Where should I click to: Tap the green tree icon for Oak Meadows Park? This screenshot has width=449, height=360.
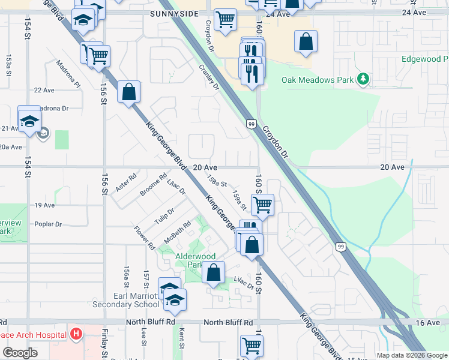coord(363,79)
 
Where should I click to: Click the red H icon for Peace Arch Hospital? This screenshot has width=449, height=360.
coord(76,333)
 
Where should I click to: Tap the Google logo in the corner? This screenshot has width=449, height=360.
coord(20,352)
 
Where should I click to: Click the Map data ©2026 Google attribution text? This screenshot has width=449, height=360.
coord(412,355)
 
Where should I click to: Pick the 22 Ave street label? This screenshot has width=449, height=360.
coord(44,90)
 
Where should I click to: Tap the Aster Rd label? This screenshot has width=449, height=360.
coord(126,183)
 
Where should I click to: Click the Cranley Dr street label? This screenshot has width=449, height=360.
coord(209,77)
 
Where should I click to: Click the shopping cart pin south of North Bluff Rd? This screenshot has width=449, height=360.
coord(252,345)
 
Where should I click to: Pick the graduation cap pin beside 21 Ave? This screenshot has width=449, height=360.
coord(29,120)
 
